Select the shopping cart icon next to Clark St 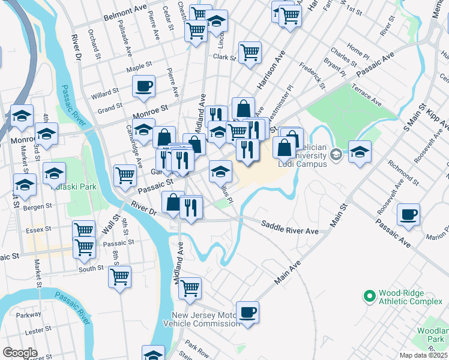(250, 52)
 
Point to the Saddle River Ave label (289, 228)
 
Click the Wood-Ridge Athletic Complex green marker (369, 295)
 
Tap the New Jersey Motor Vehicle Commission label (206, 319)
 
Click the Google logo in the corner (19, 353)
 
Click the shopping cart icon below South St (120, 277)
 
